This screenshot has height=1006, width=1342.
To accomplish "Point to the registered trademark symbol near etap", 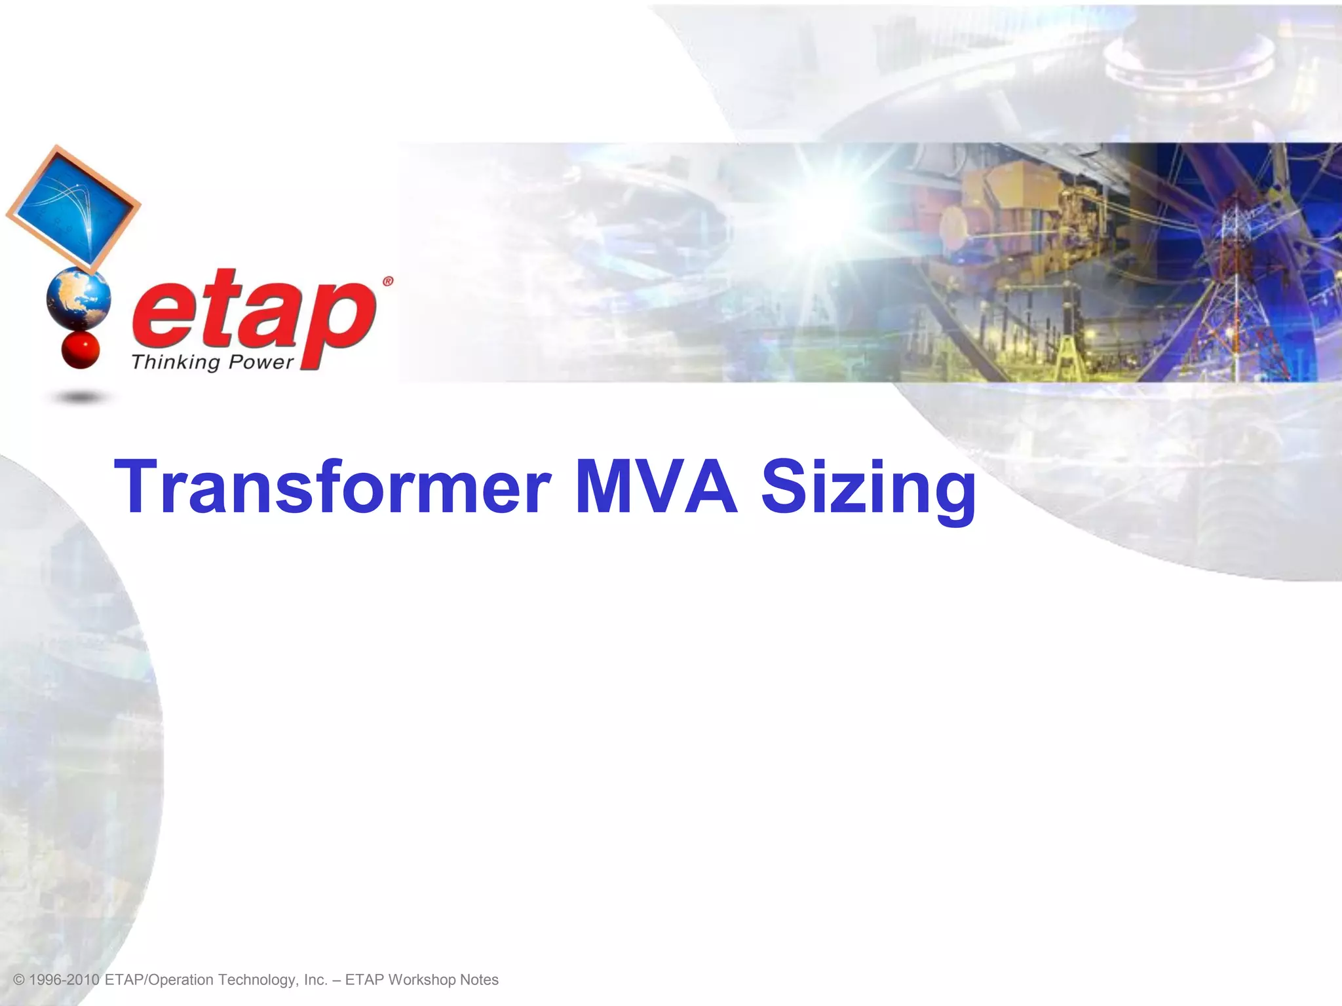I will [x=387, y=282].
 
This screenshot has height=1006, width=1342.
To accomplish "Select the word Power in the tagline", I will [x=260, y=362].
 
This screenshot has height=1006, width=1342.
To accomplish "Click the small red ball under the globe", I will [x=80, y=350].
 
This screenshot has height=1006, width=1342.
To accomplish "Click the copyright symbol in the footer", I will [x=18, y=980].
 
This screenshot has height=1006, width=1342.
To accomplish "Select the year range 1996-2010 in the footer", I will [x=65, y=980].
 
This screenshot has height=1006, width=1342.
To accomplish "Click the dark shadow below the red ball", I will [x=80, y=397].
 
